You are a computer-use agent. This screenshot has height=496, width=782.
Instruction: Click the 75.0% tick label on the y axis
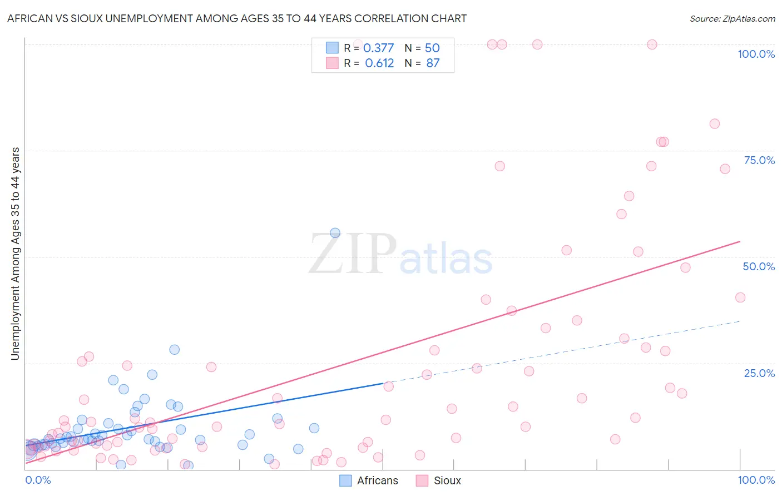(759, 160)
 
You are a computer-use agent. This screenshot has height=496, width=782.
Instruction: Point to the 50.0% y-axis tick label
(759, 266)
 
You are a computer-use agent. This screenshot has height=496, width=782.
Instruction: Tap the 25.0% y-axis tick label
(759, 373)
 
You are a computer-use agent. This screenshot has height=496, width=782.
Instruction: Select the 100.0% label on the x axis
(756, 480)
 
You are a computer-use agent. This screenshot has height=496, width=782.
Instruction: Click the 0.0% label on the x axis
(38, 480)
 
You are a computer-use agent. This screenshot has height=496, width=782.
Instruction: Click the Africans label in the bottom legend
(378, 480)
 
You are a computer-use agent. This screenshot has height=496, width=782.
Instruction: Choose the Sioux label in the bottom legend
(447, 480)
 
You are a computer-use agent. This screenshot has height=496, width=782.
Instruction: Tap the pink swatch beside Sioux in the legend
(422, 480)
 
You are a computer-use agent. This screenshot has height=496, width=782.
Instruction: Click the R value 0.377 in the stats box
(378, 48)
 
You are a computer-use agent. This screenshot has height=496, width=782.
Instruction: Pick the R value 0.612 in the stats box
(379, 63)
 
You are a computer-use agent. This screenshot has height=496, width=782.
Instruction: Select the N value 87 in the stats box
(433, 63)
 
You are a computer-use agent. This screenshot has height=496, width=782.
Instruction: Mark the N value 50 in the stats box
(432, 48)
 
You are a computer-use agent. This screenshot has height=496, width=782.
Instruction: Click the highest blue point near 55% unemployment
(335, 233)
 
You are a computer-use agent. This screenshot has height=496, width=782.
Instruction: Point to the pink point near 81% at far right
(715, 124)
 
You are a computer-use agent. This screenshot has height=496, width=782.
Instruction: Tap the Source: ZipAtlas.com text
(732, 19)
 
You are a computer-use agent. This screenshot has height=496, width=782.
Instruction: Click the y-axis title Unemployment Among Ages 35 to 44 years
(16, 254)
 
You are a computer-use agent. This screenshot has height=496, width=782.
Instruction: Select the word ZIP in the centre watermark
(353, 254)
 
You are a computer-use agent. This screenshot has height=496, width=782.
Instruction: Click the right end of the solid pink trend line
(740, 241)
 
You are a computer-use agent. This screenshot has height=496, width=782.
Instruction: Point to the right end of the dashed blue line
(740, 321)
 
